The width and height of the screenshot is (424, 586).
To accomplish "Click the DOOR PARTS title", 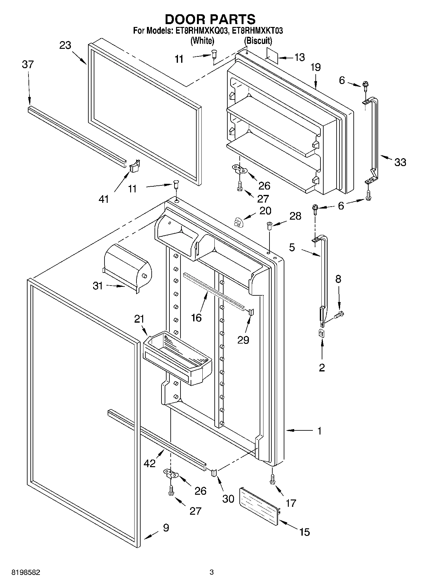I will click(x=210, y=20).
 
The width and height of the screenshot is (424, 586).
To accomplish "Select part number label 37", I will click(x=28, y=64).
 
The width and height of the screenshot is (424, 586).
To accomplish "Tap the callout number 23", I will click(x=65, y=45).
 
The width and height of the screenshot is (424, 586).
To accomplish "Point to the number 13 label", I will click(x=299, y=57).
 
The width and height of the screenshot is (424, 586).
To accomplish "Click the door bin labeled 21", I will click(x=177, y=358).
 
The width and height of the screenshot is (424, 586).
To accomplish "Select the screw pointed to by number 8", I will click(x=339, y=315).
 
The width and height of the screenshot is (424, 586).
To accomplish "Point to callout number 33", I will click(x=400, y=162).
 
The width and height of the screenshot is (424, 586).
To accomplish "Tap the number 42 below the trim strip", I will click(x=149, y=463).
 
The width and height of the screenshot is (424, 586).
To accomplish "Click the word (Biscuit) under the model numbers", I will click(x=258, y=41).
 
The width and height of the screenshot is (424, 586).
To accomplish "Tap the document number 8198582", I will click(x=26, y=572).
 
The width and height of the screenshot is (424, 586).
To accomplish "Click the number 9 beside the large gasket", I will click(x=166, y=528).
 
